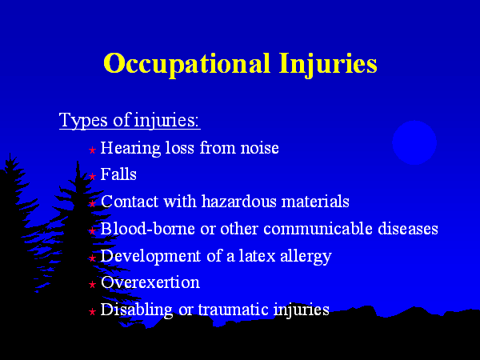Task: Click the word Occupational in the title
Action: point(186,64)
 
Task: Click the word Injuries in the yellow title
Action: point(328,64)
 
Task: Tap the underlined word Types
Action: point(83,120)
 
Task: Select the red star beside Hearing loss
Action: point(92,150)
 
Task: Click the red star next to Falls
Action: point(92,176)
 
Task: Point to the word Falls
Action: point(118,174)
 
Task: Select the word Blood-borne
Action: point(147,228)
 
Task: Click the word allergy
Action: point(306,257)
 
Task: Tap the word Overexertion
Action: point(150,282)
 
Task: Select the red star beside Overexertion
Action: point(92,285)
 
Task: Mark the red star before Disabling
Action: point(92,312)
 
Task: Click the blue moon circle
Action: point(414,142)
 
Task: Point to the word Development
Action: point(150,257)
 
